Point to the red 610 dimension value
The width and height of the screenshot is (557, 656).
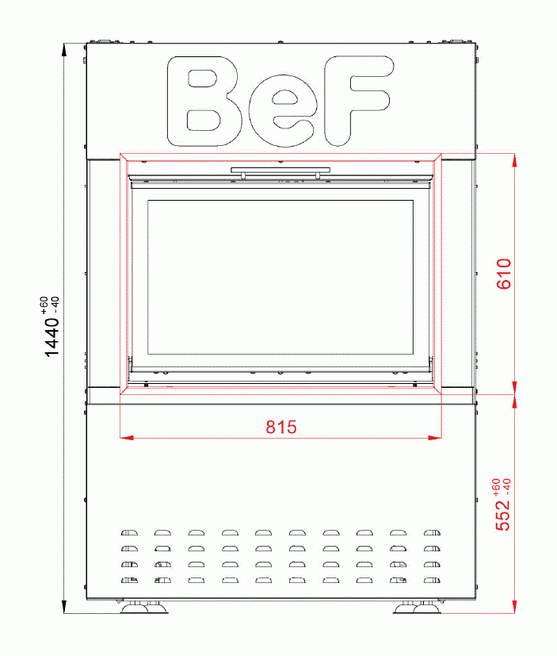(505, 274)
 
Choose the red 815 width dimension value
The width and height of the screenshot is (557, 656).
(280, 428)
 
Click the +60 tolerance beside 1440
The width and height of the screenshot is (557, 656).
(44, 304)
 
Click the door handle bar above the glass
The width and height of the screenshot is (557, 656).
(280, 170)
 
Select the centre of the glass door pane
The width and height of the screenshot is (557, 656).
(280, 278)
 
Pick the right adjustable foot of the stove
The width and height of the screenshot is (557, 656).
(417, 608)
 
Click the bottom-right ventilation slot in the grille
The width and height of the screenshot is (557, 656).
(432, 581)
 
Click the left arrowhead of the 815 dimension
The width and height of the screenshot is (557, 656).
(124, 437)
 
